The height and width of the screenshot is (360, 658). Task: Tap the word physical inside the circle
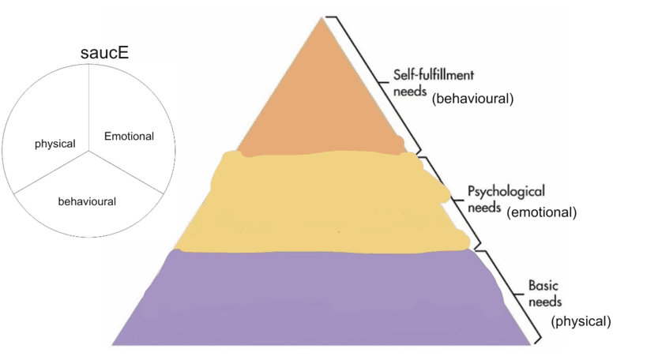tap(55, 144)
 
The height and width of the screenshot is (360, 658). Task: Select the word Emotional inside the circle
tap(129, 136)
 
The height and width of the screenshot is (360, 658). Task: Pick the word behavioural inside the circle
tap(87, 201)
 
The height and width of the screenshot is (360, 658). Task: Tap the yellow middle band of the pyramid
tap(324, 201)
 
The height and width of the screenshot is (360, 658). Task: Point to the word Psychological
tap(506, 192)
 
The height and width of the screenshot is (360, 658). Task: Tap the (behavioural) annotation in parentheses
tap(473, 99)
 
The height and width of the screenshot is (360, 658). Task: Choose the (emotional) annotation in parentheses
tap(542, 212)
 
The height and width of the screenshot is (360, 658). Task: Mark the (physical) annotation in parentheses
tap(581, 321)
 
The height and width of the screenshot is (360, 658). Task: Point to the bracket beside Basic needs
tap(517, 296)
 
